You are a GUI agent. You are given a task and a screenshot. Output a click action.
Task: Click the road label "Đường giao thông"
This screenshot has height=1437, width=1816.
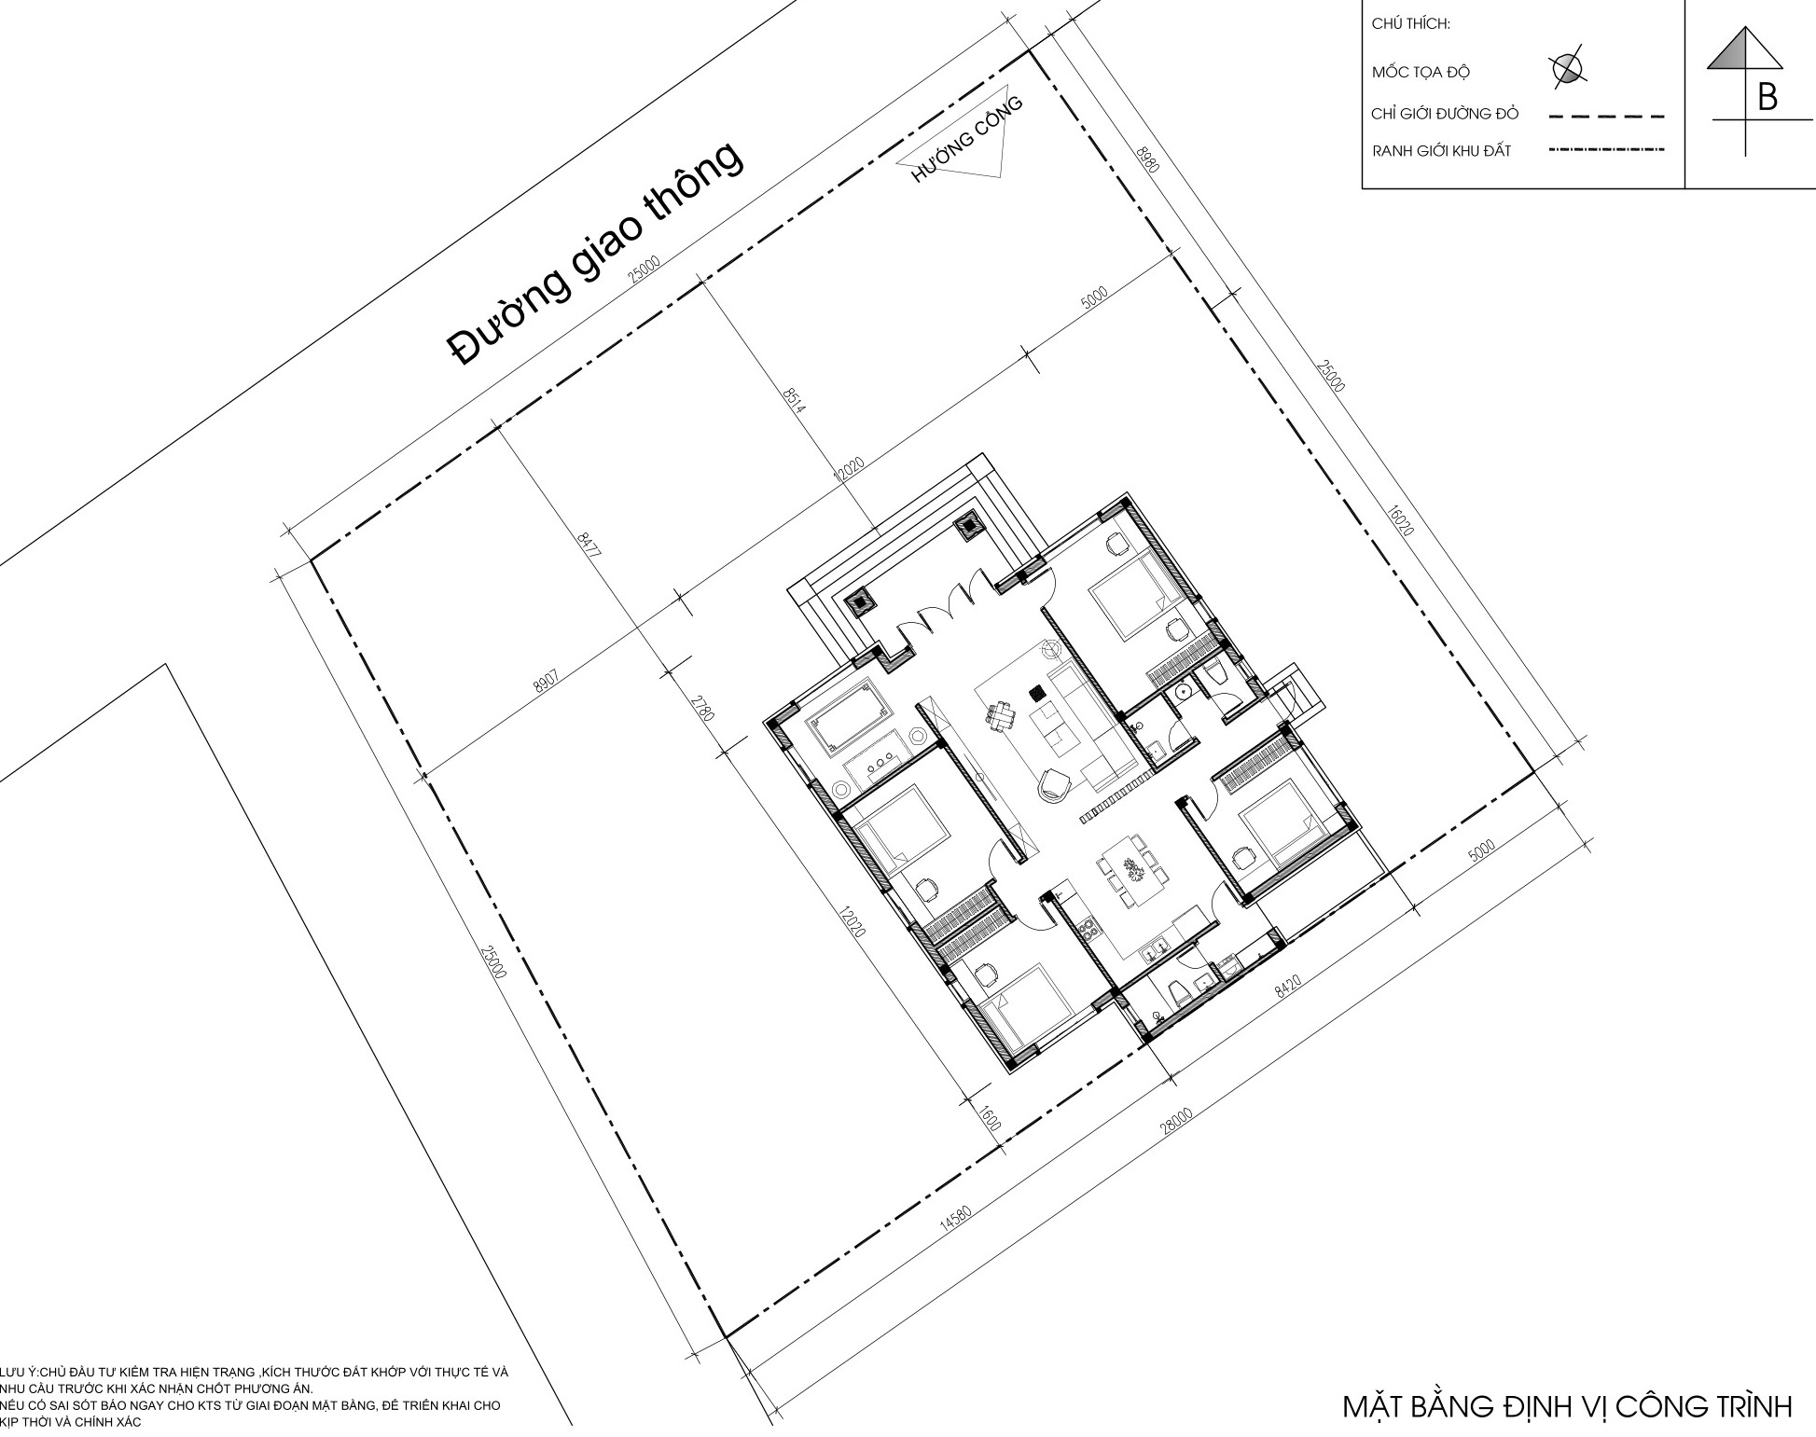[596, 253]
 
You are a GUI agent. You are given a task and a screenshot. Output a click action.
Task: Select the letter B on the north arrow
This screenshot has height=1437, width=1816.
[1767, 97]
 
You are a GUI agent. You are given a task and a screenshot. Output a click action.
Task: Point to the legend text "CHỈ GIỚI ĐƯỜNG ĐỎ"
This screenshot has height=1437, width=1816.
[1445, 114]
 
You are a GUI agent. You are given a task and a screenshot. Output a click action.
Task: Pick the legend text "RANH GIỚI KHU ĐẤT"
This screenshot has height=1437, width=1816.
[1441, 150]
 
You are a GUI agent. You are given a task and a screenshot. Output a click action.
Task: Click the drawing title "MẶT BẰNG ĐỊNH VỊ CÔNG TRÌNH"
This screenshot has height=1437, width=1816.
[1567, 1406]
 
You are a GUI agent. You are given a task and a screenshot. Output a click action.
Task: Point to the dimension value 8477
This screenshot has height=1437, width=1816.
[589, 545]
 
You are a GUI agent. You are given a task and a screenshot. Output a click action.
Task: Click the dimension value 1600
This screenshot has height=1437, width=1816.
[990, 1120]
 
